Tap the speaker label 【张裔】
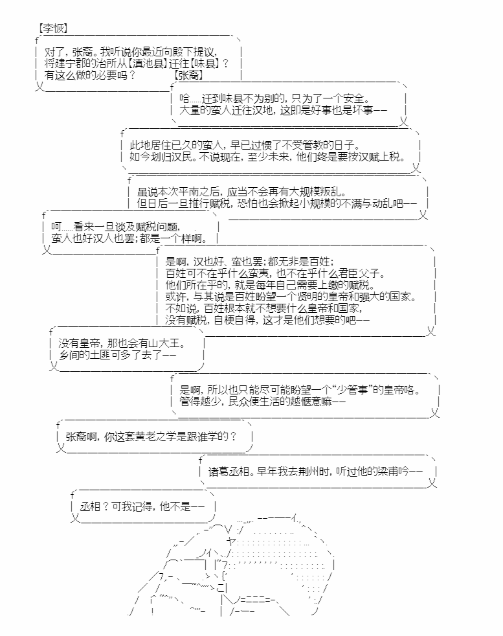(188, 76)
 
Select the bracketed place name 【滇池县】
(150, 63)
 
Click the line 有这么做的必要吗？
(91, 76)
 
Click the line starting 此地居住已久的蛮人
(247, 145)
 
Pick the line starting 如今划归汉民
(267, 157)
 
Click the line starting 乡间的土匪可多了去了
(117, 356)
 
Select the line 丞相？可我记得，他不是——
(142, 507)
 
